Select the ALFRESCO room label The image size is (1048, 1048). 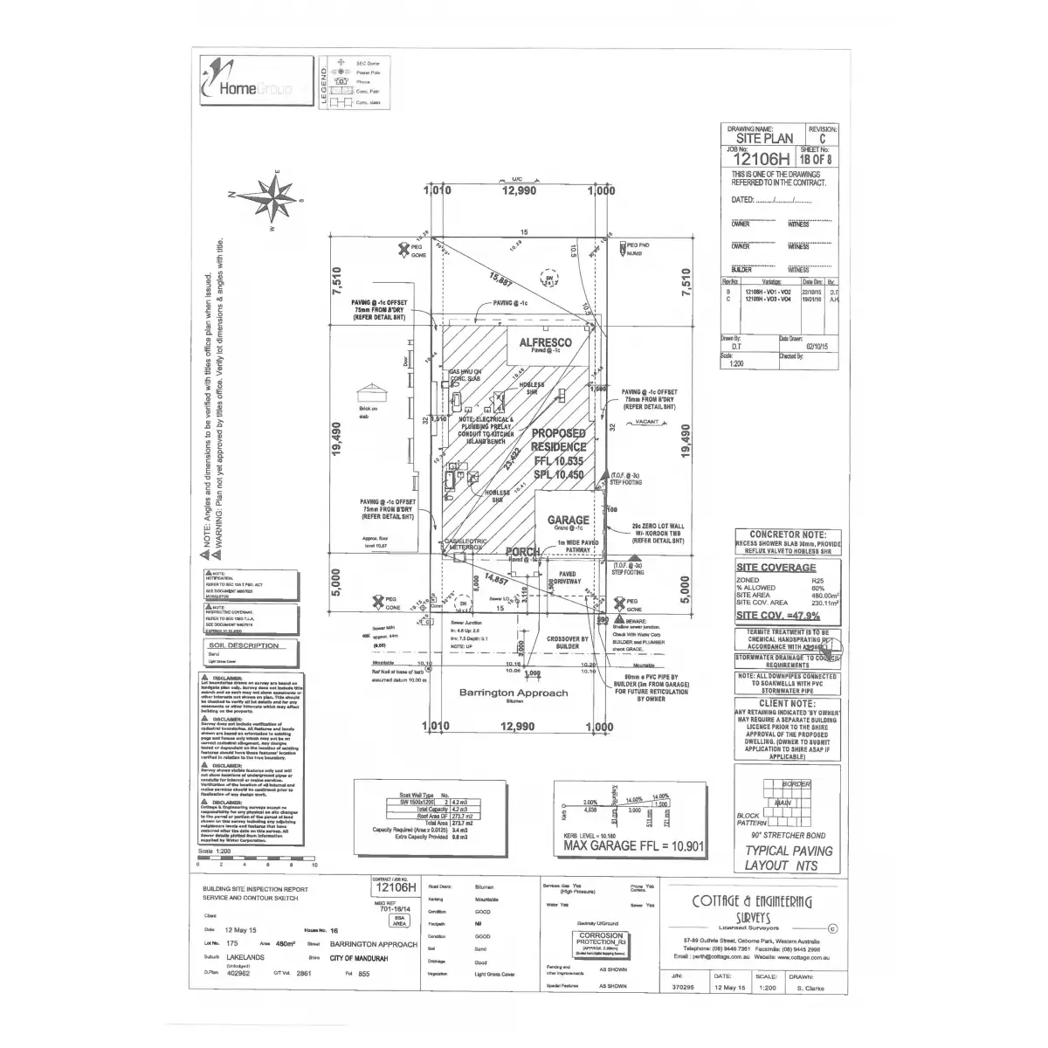click(x=546, y=343)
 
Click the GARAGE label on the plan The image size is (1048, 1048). click(x=568, y=520)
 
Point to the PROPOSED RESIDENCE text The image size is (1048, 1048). click(x=558, y=440)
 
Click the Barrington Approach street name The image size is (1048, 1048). click(x=513, y=693)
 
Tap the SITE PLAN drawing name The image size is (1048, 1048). click(x=765, y=138)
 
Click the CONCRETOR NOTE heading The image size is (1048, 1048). click(x=788, y=534)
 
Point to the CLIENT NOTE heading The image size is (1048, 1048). click(x=787, y=702)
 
